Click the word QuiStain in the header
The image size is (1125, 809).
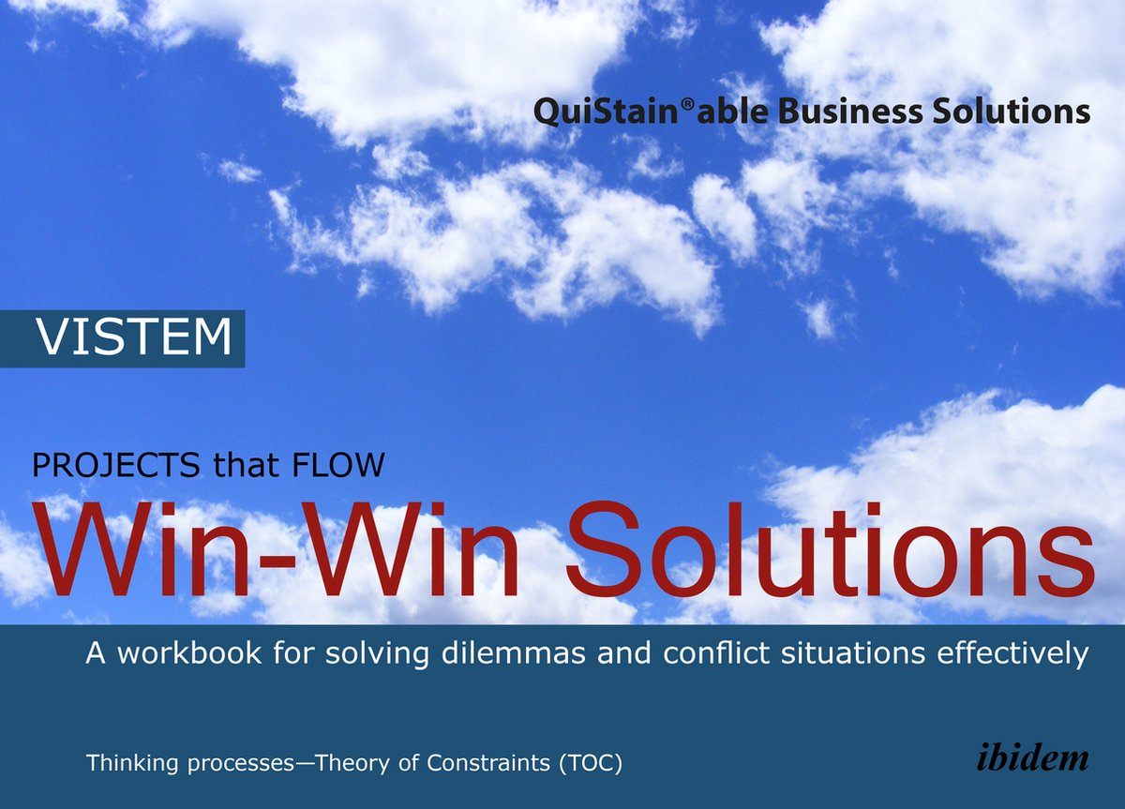pos(607,112)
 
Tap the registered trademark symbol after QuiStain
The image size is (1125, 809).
pos(687,104)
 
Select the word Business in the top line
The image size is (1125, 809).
pos(850,111)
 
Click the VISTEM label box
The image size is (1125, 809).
pos(123,338)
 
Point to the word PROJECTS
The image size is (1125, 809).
pos(116,465)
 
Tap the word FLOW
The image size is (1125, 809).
pos(338,465)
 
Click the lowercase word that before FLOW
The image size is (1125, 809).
pos(246,465)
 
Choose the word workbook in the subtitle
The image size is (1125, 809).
pos(189,653)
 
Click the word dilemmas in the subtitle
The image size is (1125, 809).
pos(514,653)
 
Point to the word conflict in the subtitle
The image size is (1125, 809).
pos(716,653)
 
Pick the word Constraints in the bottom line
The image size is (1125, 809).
pos(488,763)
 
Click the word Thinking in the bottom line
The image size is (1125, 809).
pos(132,764)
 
